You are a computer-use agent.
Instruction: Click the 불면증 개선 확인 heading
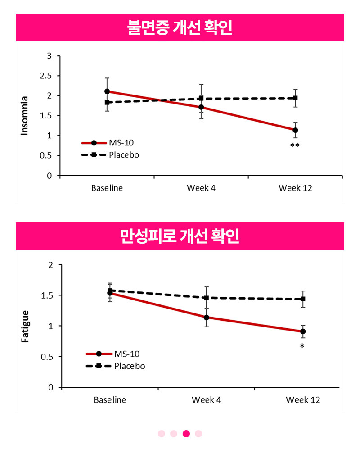(x=180, y=27)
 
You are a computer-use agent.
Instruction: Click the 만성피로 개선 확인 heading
(x=180, y=236)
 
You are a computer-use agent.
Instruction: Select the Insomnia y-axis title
(x=24, y=116)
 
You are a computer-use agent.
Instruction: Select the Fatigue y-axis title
(x=25, y=326)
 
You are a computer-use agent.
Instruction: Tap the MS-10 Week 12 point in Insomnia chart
(x=295, y=130)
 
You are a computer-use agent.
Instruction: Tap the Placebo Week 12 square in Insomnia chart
(x=295, y=98)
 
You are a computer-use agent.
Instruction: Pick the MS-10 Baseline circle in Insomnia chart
(x=107, y=91)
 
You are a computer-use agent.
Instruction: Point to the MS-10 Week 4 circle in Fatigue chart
(x=206, y=318)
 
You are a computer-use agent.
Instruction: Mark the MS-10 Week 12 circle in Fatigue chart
(x=303, y=331)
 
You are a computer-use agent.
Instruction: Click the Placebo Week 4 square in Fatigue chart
(x=206, y=298)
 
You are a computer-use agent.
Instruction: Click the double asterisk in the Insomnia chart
(x=295, y=145)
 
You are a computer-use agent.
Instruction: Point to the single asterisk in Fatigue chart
(x=302, y=346)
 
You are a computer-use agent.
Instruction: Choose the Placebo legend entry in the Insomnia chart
(x=110, y=155)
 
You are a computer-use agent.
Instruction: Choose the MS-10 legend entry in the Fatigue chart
(x=112, y=354)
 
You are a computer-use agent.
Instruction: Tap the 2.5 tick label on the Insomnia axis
(x=46, y=76)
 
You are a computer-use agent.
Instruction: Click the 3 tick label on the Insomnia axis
(x=49, y=56)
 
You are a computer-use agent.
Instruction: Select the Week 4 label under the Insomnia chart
(x=201, y=188)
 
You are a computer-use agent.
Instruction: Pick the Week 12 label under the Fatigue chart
(x=303, y=400)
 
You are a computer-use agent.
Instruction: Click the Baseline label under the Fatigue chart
(x=110, y=400)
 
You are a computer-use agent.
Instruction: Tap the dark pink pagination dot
(x=186, y=433)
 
